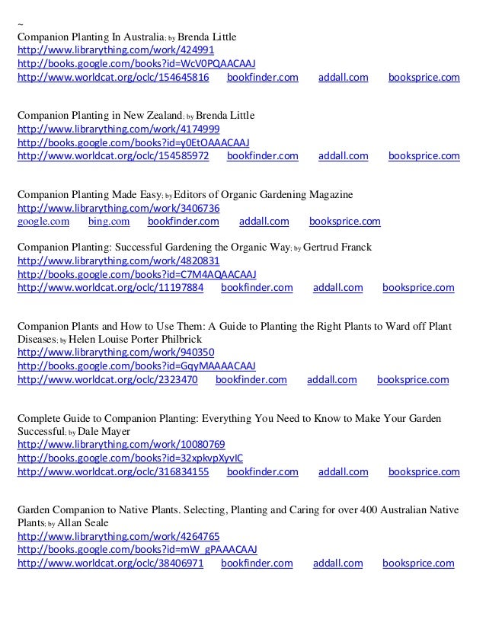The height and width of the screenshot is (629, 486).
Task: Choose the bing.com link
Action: [x=109, y=222]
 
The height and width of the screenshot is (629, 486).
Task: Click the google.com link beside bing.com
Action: [x=43, y=222]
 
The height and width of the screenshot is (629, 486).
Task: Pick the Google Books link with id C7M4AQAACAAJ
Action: [x=136, y=274]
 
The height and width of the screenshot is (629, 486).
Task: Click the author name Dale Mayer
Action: [x=104, y=432]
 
